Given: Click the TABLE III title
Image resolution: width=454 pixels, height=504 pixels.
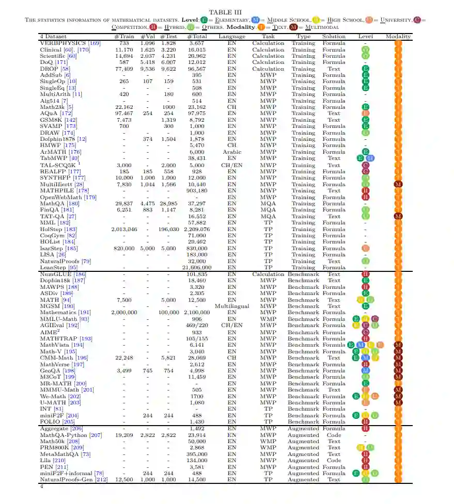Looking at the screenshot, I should [x=227, y=12].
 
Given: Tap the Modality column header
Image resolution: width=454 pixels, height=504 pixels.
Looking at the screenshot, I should [x=398, y=37].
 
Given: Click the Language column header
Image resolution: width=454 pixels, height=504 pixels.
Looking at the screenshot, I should [x=232, y=37].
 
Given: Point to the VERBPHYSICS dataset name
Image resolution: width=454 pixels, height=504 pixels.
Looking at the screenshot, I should [x=64, y=43].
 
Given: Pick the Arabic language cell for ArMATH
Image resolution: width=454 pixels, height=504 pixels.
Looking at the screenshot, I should [x=232, y=152].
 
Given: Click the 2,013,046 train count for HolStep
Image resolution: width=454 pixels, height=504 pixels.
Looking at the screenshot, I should [x=124, y=229].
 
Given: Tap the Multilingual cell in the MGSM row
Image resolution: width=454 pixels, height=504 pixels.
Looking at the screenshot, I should [x=232, y=306].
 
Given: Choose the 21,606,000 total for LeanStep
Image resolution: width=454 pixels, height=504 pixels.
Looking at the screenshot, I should [x=197, y=268].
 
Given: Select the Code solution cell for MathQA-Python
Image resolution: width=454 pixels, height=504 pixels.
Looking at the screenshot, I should [x=334, y=435].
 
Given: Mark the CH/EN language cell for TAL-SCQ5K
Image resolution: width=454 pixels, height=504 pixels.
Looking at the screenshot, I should [x=232, y=165].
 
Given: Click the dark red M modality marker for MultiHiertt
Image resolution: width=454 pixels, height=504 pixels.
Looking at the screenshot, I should [x=398, y=184].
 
